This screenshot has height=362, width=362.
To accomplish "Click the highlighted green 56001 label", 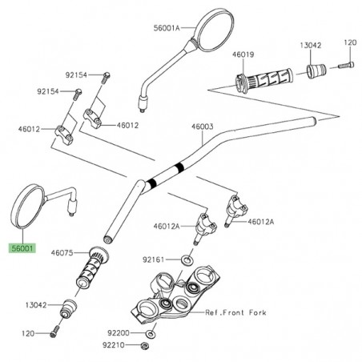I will [x=22, y=249].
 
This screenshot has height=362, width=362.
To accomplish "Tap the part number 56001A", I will [x=171, y=26].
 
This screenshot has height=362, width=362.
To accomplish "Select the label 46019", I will [x=243, y=54].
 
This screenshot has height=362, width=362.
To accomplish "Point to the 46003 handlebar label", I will [x=202, y=127].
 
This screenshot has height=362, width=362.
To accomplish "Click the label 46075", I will [x=62, y=253].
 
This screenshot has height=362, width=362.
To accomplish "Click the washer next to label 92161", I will [x=186, y=260].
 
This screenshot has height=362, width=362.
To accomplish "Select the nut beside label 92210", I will [x=142, y=346].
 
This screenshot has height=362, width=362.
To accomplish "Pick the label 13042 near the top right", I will [x=312, y=47].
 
